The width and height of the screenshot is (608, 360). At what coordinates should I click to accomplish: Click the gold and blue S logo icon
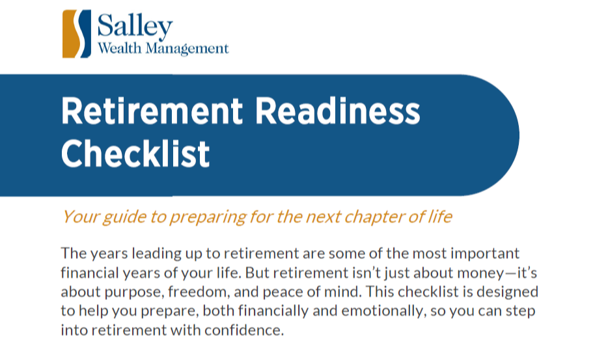point(77,34)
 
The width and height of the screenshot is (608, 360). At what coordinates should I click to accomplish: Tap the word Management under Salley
point(187,49)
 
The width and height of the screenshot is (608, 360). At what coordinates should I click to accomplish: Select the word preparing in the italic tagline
point(208,217)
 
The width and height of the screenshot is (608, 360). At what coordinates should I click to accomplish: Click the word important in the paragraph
point(485,254)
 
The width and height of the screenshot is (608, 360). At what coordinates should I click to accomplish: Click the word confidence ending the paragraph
point(244,330)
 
